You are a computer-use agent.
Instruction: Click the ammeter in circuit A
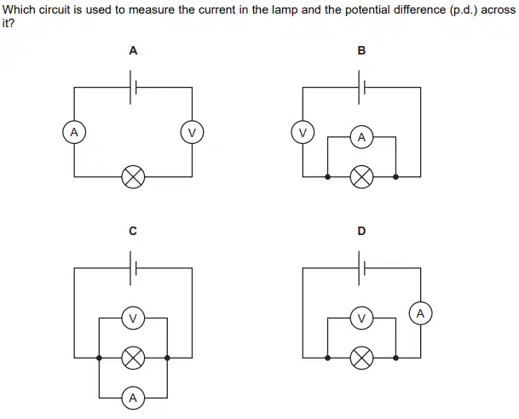click(74, 132)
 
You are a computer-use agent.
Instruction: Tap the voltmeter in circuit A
click(192, 132)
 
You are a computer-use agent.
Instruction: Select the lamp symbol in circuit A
click(133, 176)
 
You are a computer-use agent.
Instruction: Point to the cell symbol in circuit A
click(133, 88)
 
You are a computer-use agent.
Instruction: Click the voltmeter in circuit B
click(303, 132)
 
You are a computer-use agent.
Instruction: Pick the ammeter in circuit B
click(361, 137)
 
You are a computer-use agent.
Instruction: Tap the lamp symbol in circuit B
click(361, 176)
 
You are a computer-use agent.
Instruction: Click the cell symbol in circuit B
click(361, 88)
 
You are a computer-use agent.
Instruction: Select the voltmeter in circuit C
click(133, 319)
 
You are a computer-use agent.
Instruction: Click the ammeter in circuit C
click(133, 398)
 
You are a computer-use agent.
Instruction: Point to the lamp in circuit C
click(133, 358)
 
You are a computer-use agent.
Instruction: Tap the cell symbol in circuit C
click(133, 268)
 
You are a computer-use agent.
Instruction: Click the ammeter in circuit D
click(420, 313)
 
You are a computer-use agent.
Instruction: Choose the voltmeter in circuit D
click(361, 319)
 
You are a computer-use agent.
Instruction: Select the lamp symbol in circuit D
click(361, 358)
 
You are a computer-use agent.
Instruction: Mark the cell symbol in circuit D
click(361, 268)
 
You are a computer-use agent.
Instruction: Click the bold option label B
click(361, 50)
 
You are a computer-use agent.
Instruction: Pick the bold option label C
click(133, 231)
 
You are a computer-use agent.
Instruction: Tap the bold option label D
click(361, 231)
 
